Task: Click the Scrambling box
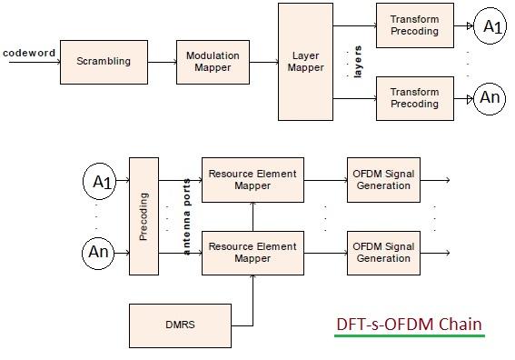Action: [104, 62]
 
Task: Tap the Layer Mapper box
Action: [305, 62]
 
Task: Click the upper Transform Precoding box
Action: [414, 25]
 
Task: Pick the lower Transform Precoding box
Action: [414, 98]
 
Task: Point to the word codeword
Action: [29, 53]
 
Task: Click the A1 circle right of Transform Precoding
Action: [490, 26]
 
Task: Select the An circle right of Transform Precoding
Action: [490, 98]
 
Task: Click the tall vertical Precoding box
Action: [144, 216]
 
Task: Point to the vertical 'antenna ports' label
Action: [187, 216]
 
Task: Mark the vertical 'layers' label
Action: [357, 61]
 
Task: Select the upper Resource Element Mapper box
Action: [253, 180]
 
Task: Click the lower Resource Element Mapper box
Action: [253, 252]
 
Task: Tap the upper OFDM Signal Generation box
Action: [381, 180]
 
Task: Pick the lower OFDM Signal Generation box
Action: [381, 252]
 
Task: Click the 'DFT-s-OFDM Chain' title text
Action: [409, 324]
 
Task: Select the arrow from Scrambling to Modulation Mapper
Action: [161, 62]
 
